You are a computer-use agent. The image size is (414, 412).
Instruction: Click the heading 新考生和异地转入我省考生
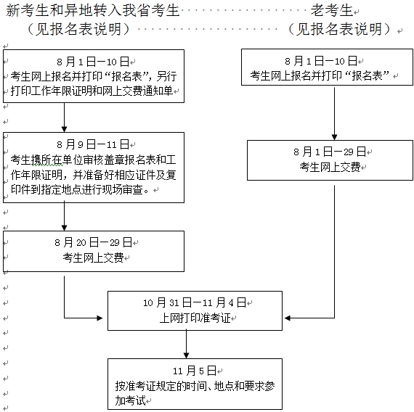pyautogui.click(x=92, y=10)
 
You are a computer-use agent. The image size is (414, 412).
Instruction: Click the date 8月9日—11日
pyautogui.click(x=92, y=144)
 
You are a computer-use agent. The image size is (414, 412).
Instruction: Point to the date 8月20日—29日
pyautogui.click(x=92, y=241)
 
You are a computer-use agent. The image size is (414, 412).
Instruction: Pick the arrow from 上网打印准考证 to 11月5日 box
pyautogui.click(x=187, y=345)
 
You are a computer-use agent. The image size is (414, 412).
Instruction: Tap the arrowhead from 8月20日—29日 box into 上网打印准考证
pyautogui.click(x=102, y=318)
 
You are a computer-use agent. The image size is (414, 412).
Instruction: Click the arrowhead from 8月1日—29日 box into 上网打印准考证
pyautogui.click(x=289, y=318)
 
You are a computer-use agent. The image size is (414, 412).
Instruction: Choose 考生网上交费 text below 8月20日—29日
pyautogui.click(x=92, y=257)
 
